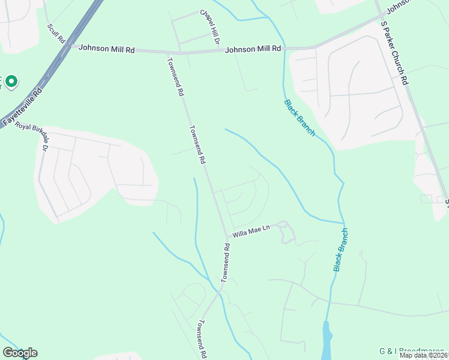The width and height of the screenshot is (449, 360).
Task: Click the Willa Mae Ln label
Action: (x=252, y=229)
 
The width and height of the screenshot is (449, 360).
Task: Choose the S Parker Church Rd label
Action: (x=394, y=53)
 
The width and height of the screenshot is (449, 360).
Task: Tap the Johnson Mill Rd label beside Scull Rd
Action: (x=106, y=49)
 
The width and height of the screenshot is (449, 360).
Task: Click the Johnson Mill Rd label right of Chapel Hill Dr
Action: (x=253, y=49)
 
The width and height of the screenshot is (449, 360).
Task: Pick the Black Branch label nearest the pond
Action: (x=341, y=250)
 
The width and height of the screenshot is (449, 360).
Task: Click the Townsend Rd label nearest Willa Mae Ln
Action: (x=226, y=262)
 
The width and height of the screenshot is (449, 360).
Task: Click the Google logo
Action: (x=20, y=353)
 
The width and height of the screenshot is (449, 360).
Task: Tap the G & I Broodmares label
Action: (x=412, y=350)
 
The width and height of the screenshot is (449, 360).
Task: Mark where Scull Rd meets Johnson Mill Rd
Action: (x=68, y=46)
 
